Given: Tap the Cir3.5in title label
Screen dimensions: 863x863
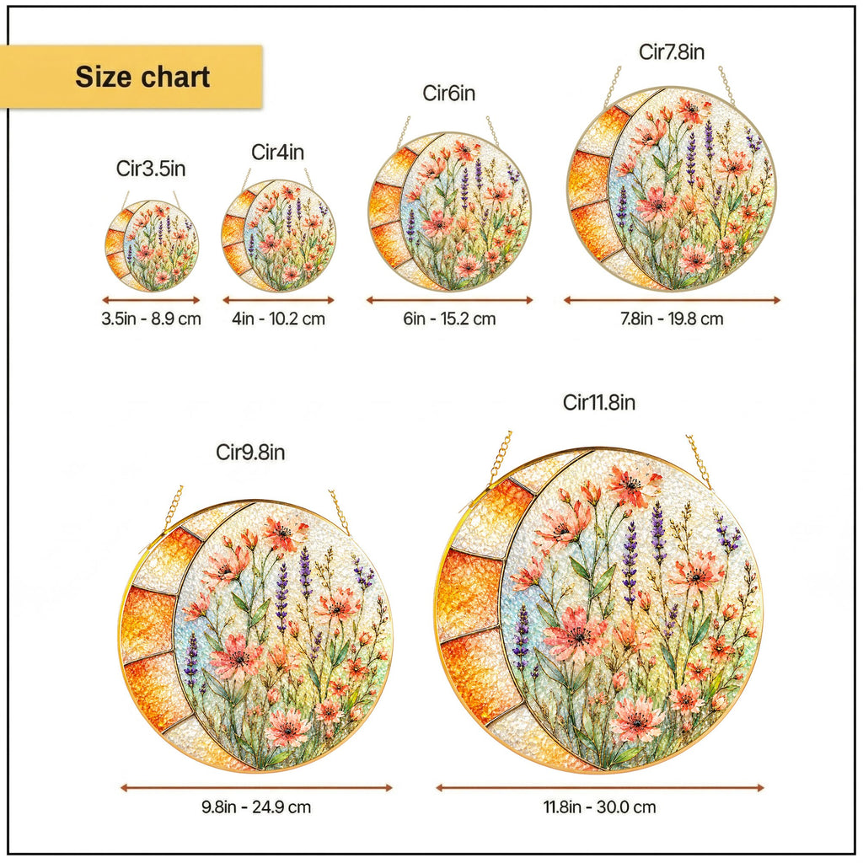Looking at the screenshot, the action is pyautogui.click(x=151, y=169).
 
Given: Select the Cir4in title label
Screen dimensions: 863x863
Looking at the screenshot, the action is pyautogui.click(x=278, y=152).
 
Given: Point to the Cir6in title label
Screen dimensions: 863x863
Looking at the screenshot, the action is pyautogui.click(x=448, y=93).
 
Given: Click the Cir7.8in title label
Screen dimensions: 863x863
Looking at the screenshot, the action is pyautogui.click(x=672, y=51).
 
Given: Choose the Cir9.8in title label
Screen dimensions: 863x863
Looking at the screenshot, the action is pyautogui.click(x=250, y=453).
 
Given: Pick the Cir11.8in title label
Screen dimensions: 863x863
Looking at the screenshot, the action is pyautogui.click(x=599, y=402).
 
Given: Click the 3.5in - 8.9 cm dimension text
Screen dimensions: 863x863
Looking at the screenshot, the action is pyautogui.click(x=152, y=319).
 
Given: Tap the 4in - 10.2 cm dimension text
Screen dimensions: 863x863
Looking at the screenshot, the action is pyautogui.click(x=278, y=319).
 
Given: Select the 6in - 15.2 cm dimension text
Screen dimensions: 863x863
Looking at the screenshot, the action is pyautogui.click(x=450, y=319).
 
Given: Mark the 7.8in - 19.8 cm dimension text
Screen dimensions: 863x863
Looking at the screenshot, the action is pyautogui.click(x=672, y=319).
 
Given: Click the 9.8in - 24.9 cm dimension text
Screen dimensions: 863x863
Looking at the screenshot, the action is pyautogui.click(x=256, y=807).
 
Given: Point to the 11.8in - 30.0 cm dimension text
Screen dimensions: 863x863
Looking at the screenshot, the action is pyautogui.click(x=600, y=807).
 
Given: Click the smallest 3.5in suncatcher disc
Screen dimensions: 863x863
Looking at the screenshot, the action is pyautogui.click(x=152, y=246).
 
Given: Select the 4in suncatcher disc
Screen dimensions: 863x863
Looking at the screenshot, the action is pyautogui.click(x=278, y=236).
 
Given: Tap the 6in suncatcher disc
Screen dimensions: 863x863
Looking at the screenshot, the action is pyautogui.click(x=450, y=212).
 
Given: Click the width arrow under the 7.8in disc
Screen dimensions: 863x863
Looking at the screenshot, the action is pyautogui.click(x=672, y=300).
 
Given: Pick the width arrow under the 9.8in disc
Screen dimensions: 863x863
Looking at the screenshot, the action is pyautogui.click(x=256, y=788).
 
